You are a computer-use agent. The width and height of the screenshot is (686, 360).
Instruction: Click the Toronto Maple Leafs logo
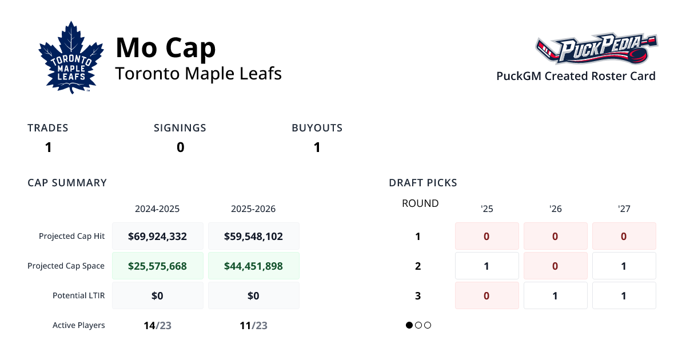tap(71, 57)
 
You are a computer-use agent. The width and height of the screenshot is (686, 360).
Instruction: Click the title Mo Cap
tap(166, 47)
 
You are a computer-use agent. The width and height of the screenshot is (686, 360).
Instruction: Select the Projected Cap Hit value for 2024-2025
tap(158, 236)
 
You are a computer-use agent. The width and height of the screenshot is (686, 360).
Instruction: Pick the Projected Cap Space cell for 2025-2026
tap(253, 266)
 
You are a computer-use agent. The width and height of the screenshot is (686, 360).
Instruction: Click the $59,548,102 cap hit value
tap(253, 236)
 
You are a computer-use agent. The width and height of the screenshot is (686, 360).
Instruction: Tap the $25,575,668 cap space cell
tap(158, 266)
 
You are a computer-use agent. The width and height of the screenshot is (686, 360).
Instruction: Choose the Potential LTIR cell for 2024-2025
tap(158, 295)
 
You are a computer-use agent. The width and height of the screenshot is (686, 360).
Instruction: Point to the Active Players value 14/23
tap(157, 326)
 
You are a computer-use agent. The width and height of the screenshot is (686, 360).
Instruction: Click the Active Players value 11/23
tap(253, 326)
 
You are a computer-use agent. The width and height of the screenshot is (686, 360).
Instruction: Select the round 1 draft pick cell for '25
tap(486, 236)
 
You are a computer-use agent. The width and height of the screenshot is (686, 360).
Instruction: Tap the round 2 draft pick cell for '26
tap(555, 266)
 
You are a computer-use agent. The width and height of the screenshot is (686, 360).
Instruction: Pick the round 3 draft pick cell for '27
tap(624, 295)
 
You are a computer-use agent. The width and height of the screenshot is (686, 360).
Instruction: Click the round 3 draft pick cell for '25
tap(486, 295)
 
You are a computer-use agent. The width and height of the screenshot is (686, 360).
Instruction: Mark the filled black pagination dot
tap(409, 325)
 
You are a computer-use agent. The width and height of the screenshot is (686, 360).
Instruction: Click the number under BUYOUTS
tap(317, 147)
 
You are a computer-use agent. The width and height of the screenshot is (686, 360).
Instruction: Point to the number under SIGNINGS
tap(180, 147)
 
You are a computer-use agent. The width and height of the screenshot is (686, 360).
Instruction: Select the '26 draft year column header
tap(555, 209)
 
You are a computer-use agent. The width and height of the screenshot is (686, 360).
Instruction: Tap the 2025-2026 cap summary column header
tap(253, 209)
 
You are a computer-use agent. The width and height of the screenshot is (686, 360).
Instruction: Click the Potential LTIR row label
tap(79, 295)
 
